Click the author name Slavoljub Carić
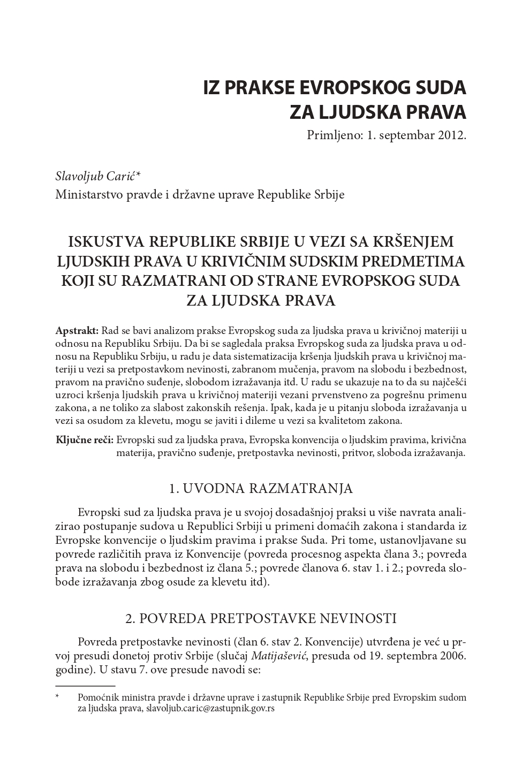95,176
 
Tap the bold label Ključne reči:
85,440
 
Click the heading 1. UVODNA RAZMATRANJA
261,488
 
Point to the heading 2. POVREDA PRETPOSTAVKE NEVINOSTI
261,619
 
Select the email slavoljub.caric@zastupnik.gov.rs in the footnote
210,709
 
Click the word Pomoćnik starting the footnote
98,697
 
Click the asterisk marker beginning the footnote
57,697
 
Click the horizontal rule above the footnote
86,685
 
